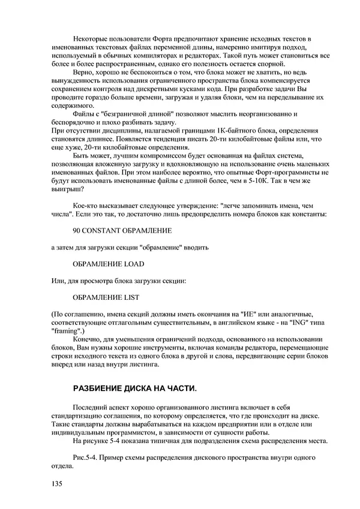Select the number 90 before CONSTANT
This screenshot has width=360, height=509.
pos(76,230)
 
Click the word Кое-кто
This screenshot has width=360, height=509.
pos(86,205)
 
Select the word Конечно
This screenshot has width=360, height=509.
pos(89,339)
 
